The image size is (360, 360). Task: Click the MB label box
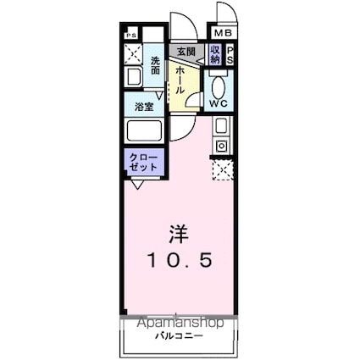coord(221,33)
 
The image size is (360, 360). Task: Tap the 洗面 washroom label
coord(156,65)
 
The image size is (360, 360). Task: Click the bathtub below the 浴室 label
coord(143,133)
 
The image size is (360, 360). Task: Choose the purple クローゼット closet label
coord(138,162)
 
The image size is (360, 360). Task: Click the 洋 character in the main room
coord(179,232)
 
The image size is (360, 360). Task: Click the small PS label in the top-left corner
coord(130,35)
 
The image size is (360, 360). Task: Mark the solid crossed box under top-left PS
coord(132,54)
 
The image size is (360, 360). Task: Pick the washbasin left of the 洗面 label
coord(133,78)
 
